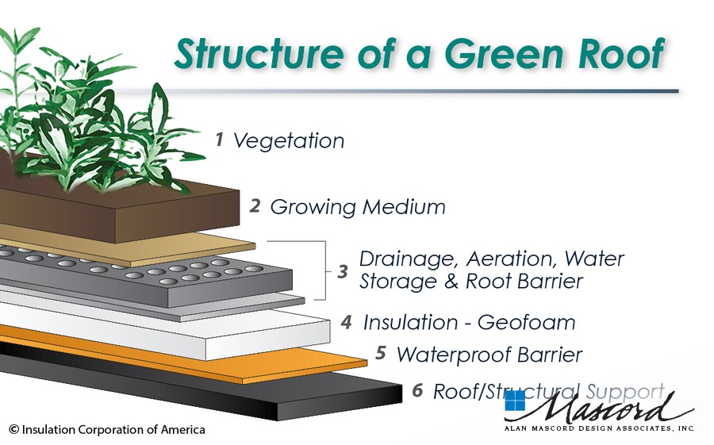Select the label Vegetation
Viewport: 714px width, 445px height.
click(289, 140)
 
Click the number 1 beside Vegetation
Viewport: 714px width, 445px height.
click(220, 140)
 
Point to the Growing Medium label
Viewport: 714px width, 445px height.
click(358, 207)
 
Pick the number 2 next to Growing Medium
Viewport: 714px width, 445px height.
click(255, 206)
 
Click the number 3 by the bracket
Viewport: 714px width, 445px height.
click(343, 271)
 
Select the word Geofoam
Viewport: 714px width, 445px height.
click(527, 323)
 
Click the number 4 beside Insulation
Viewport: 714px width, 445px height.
click(347, 322)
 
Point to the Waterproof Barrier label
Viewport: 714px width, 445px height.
click(489, 355)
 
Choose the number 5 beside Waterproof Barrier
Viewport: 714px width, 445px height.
click(381, 353)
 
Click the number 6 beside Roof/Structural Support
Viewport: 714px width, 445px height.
click(417, 390)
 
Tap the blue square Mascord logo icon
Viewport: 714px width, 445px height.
click(515, 401)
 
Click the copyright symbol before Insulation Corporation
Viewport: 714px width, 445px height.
click(14, 429)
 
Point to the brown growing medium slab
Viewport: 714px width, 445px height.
click(136, 209)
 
